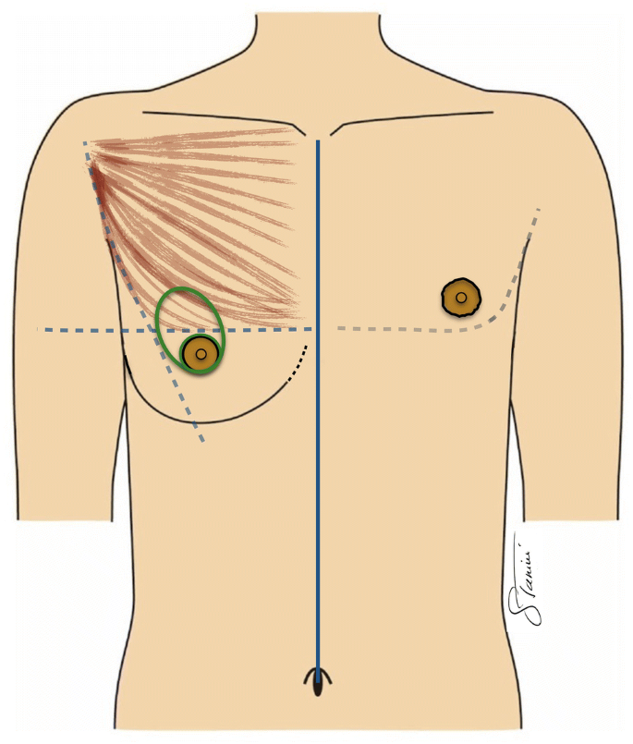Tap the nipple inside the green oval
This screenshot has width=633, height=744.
[x=200, y=354]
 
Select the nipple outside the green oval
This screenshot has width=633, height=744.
[x=460, y=298]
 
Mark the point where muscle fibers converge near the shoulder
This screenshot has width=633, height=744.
[x=92, y=148]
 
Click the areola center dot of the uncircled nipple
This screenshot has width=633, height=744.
[x=460, y=298]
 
